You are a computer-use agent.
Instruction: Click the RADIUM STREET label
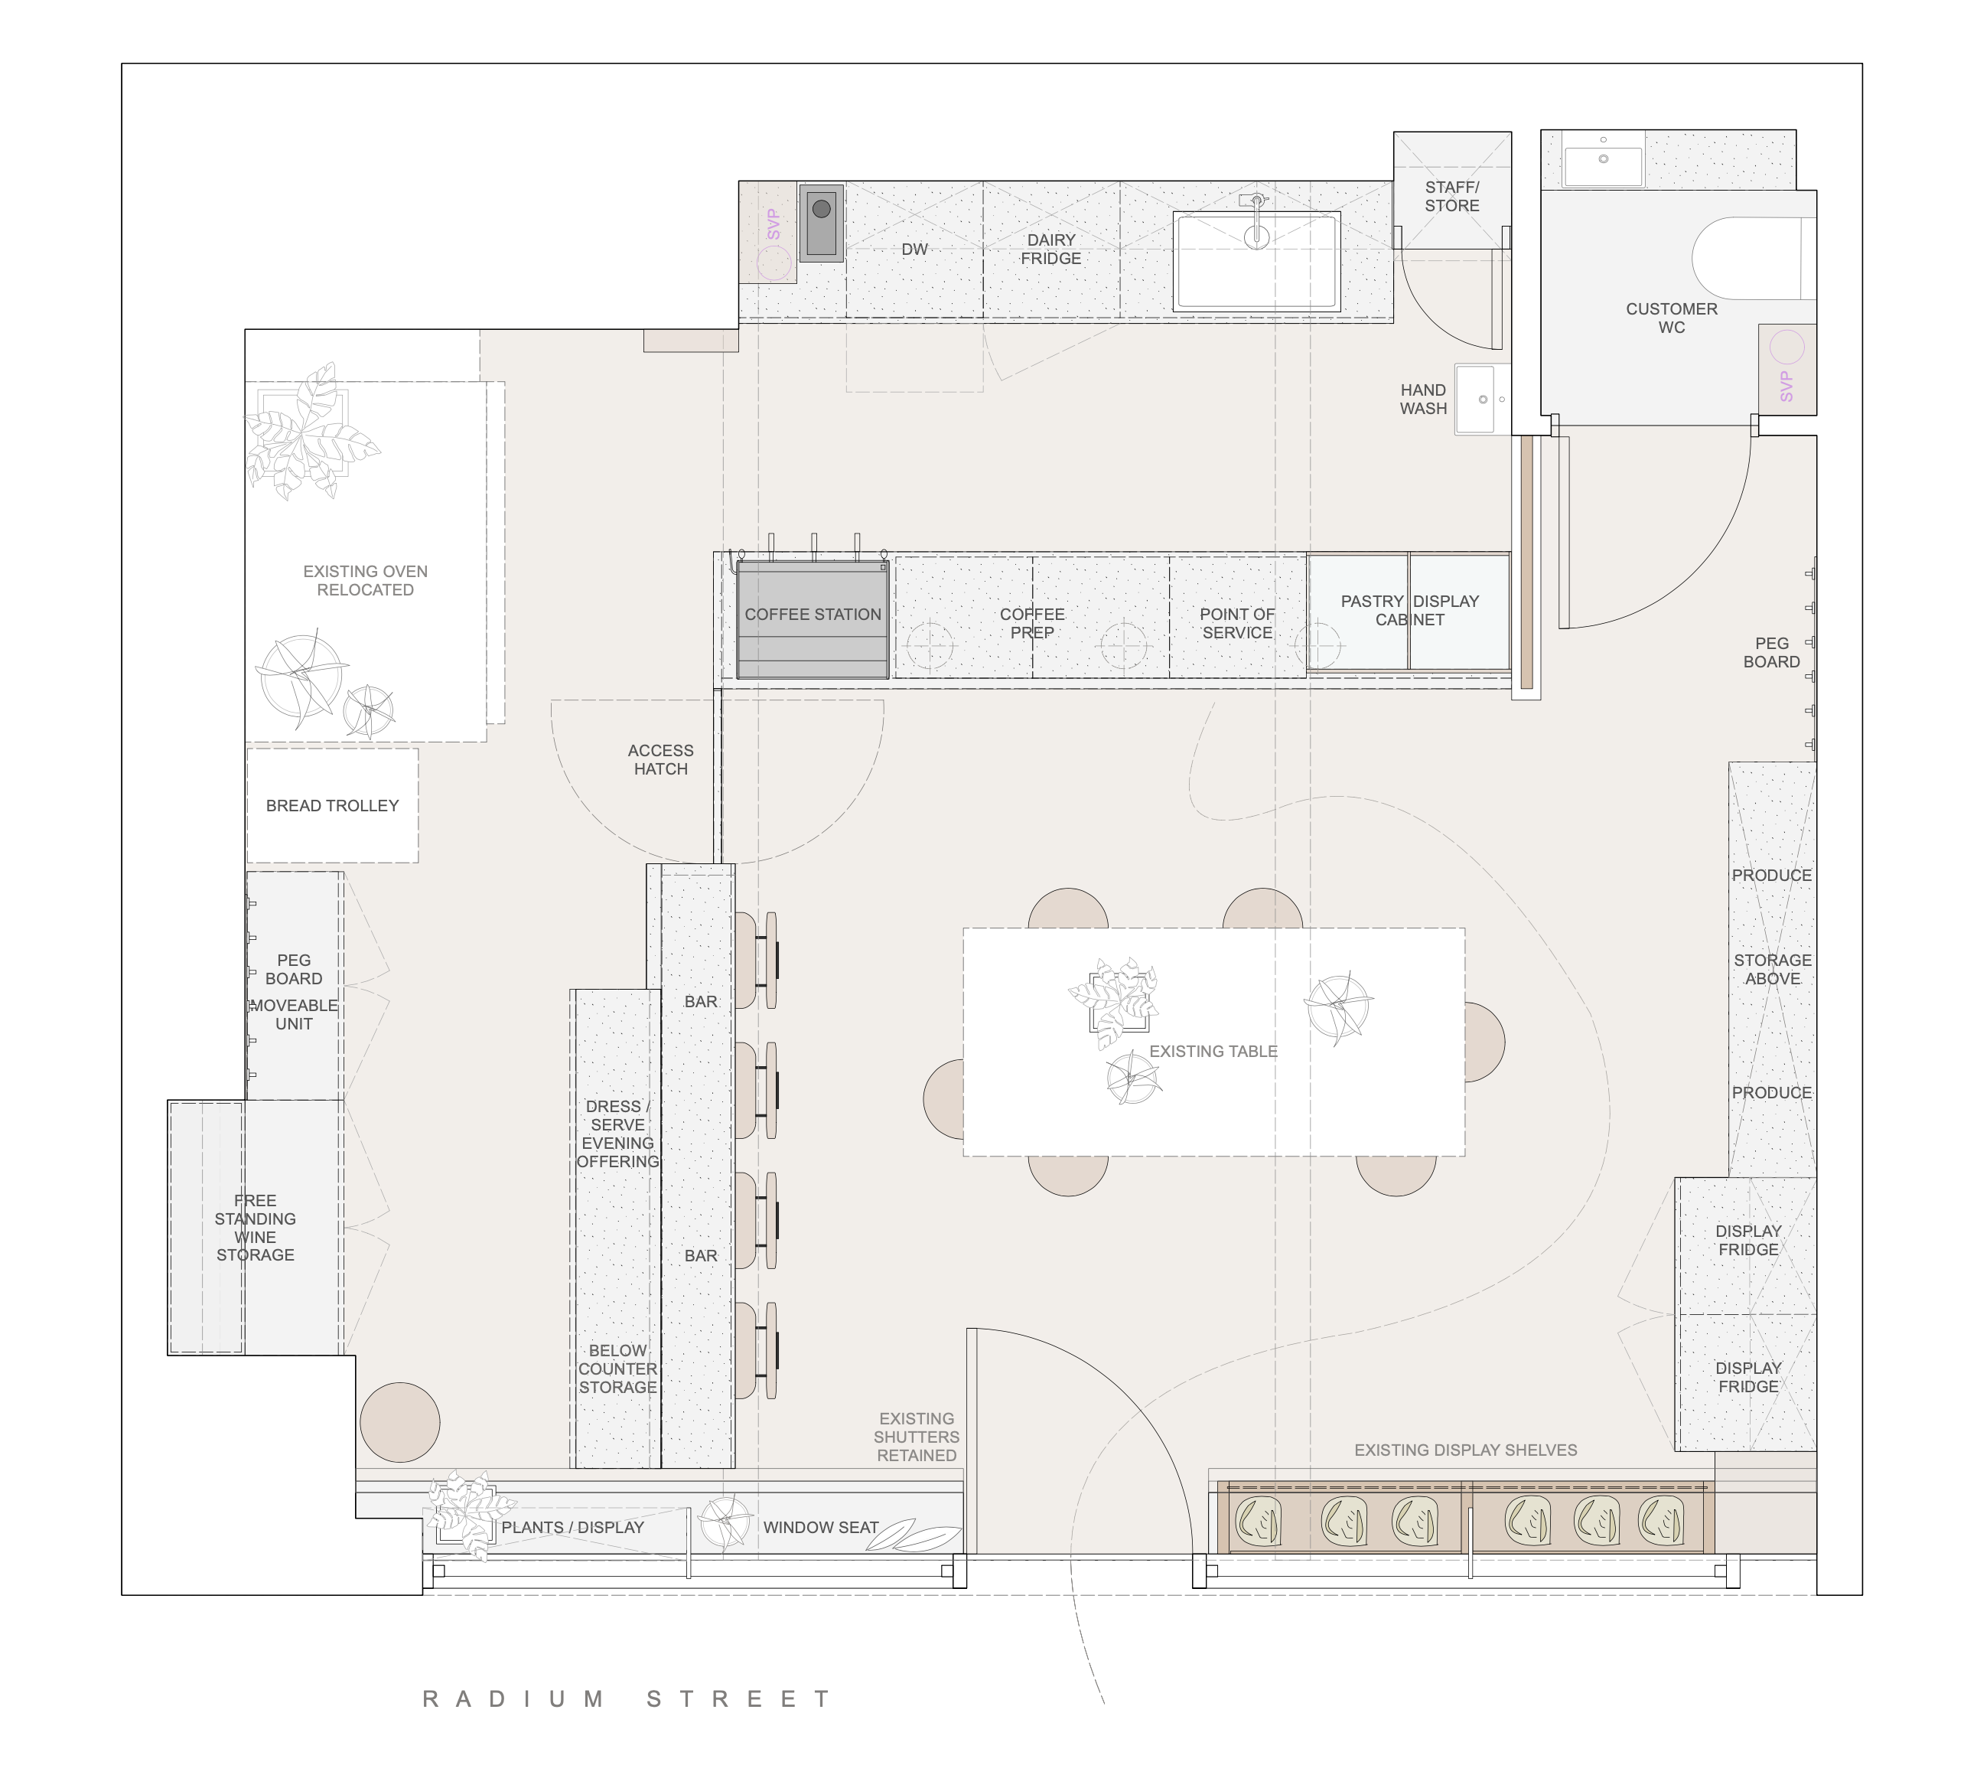627,1699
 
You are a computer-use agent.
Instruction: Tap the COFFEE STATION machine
813,618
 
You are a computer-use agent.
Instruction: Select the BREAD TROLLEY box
333,805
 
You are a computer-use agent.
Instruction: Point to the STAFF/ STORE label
1451,196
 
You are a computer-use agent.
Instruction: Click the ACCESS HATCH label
660,759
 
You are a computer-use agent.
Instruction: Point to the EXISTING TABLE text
1213,1051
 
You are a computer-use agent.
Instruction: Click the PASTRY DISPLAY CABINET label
1410,610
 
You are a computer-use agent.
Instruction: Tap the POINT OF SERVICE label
1237,622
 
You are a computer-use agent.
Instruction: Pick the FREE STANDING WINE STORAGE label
255,1227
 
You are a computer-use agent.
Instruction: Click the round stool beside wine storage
399,1421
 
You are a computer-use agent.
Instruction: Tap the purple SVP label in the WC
1786,386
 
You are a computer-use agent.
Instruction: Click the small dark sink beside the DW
821,222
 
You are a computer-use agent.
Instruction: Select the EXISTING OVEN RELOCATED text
365,580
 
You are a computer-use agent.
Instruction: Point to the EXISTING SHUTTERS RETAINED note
917,1436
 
